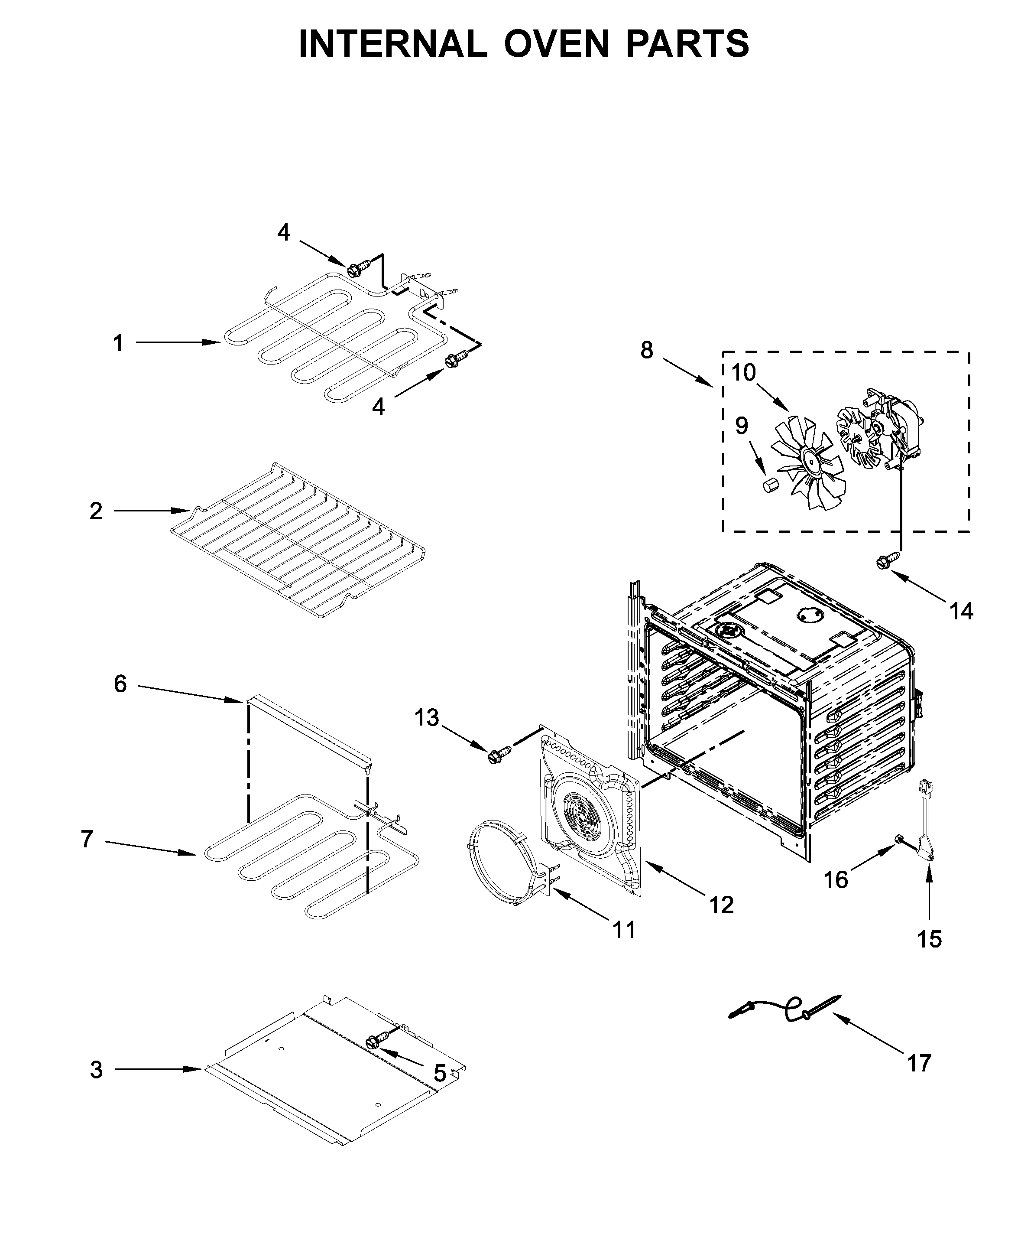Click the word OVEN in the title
557,43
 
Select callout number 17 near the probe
919,1062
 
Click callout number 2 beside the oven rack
96,511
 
